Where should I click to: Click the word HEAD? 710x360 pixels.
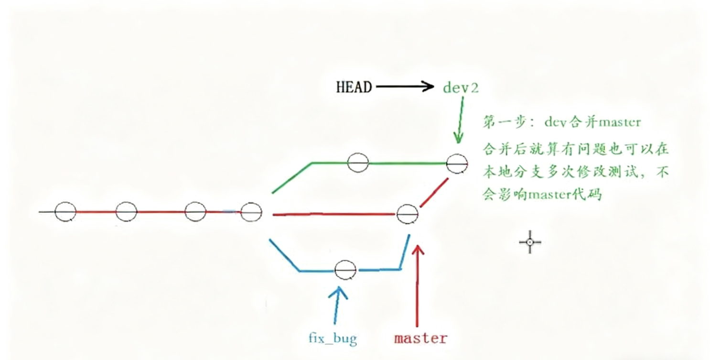[x=354, y=87]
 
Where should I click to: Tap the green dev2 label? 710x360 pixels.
[x=461, y=88]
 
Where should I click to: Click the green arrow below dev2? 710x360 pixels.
[x=460, y=120]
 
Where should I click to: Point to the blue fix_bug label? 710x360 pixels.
[x=333, y=339]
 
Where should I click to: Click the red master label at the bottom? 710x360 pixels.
[x=421, y=338]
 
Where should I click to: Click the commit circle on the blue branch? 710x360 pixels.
[x=345, y=271]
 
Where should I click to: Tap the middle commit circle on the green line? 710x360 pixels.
[x=358, y=163]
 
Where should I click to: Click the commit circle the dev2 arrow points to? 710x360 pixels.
[x=457, y=164]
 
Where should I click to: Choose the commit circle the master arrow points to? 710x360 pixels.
[x=408, y=213]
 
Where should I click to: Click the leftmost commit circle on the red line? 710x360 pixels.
[x=65, y=212]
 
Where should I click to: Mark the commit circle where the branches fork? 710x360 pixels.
[x=251, y=212]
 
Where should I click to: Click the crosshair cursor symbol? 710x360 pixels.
[x=530, y=242]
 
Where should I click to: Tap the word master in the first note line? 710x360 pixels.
[x=619, y=122]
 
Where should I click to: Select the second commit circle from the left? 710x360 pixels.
[x=126, y=211]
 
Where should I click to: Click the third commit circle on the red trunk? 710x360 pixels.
[x=195, y=212]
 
